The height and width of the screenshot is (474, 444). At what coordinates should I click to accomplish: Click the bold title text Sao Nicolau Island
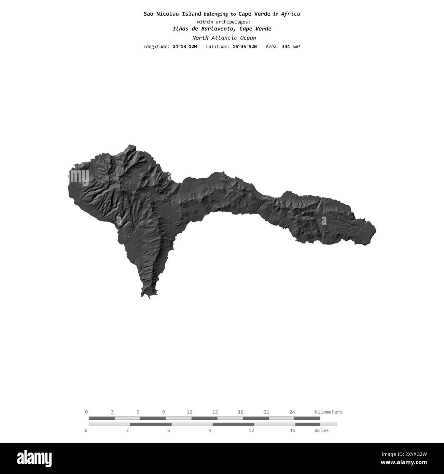(172, 14)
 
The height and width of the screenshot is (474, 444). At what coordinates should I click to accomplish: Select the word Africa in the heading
(290, 14)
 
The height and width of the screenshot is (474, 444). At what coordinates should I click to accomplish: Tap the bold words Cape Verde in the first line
(254, 14)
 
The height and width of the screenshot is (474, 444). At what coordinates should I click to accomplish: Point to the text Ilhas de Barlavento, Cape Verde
(222, 29)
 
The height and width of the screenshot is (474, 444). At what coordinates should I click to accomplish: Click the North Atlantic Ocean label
(224, 38)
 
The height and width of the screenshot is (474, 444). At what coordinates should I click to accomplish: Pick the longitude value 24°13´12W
(185, 46)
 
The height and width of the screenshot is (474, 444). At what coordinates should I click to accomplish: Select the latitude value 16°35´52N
(245, 46)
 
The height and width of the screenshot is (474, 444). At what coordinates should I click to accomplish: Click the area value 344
(286, 46)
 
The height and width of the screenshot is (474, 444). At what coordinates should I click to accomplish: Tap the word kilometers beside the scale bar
(328, 412)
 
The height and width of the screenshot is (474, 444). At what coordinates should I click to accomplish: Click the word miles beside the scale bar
(321, 430)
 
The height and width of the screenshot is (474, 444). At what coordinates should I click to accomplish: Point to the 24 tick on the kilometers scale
(292, 412)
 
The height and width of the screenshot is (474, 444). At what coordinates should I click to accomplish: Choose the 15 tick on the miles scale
(293, 430)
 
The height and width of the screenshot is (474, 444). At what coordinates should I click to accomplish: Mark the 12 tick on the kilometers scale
(189, 412)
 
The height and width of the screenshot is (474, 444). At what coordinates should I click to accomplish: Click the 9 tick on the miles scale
(210, 430)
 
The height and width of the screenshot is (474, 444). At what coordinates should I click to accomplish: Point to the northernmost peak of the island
(130, 146)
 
